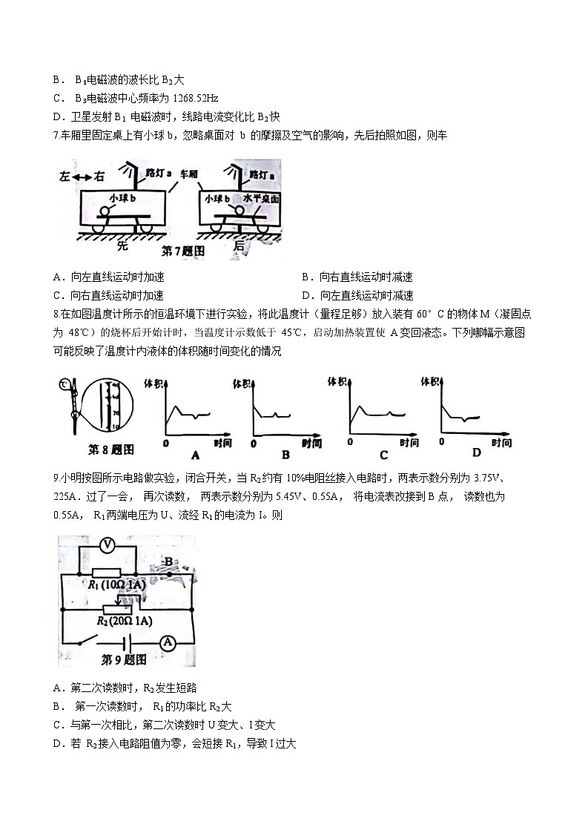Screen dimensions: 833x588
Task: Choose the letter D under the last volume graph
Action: tap(476, 452)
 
